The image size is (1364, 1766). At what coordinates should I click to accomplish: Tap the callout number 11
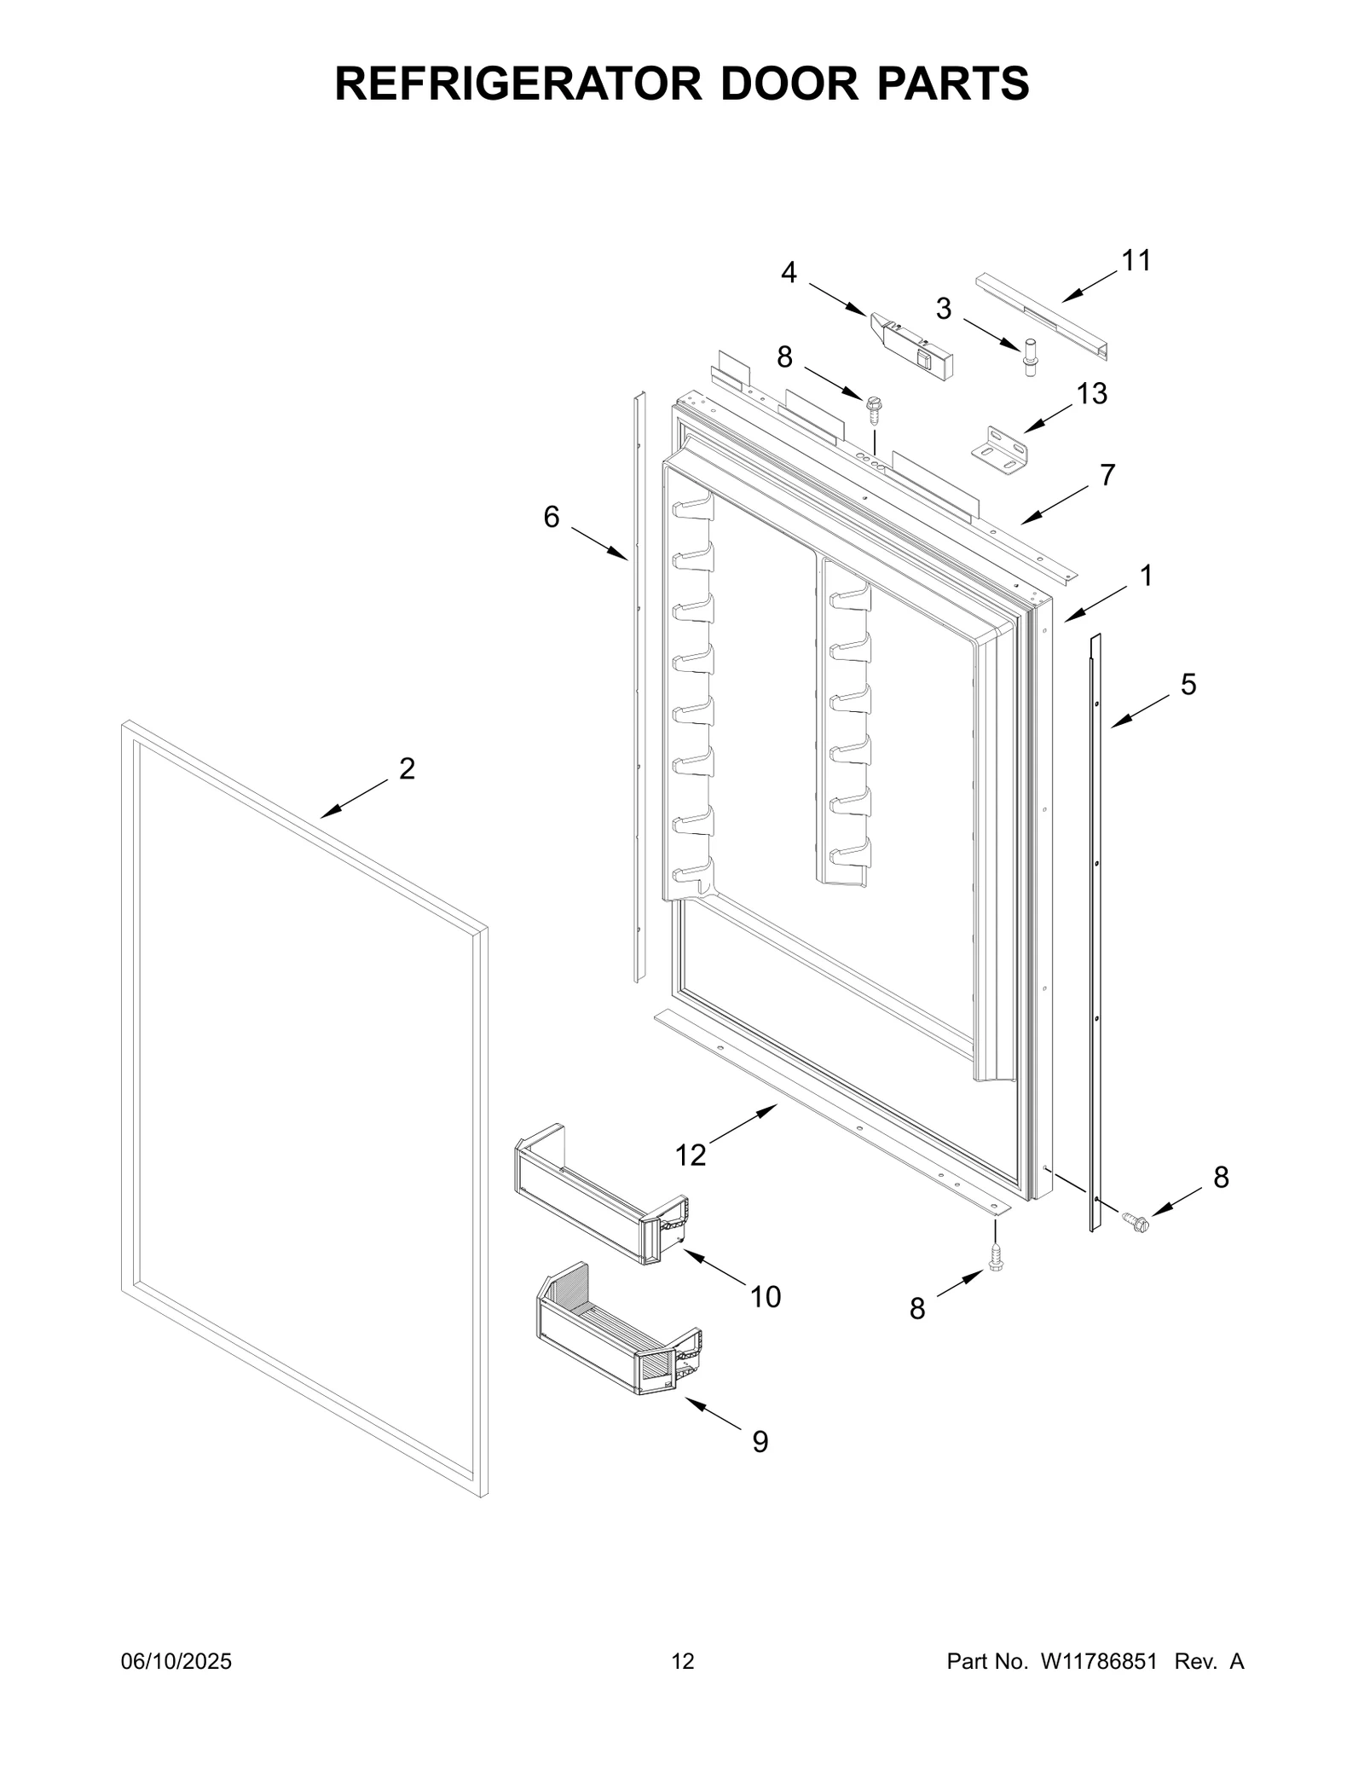click(1136, 261)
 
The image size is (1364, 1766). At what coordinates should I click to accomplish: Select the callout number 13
click(1091, 394)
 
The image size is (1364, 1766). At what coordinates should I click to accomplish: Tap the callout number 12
click(691, 1155)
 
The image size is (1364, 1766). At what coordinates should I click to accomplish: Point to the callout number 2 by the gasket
click(407, 768)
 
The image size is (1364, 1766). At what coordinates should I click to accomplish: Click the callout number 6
click(552, 517)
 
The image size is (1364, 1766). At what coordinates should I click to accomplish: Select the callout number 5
click(1188, 684)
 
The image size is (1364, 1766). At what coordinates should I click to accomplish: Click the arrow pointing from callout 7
click(1055, 505)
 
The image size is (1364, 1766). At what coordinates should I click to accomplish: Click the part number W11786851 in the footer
click(1096, 1661)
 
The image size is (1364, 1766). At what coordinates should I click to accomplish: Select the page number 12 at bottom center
click(683, 1661)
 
